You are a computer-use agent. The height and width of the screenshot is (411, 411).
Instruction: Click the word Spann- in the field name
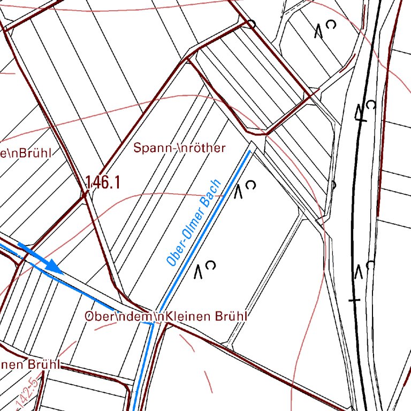pos(155,147)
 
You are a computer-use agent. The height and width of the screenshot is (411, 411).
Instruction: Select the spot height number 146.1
pos(103,182)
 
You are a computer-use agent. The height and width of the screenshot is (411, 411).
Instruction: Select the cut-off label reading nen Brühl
pos(29,365)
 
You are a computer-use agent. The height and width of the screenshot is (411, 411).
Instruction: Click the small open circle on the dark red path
pos(251,24)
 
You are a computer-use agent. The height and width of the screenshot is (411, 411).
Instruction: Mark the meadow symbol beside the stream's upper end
pos(245,188)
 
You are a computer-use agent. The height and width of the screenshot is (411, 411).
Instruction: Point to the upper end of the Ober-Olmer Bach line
pos(249,151)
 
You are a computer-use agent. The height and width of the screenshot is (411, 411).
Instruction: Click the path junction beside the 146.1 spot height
pos(85,194)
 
